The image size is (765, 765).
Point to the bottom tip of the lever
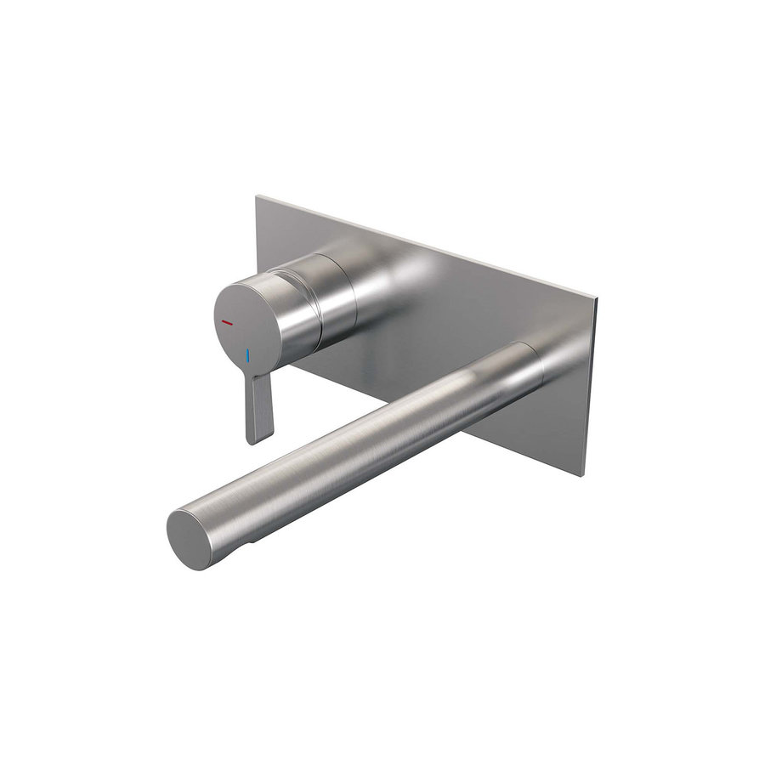click(x=258, y=439)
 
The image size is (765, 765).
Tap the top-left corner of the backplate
click(x=257, y=198)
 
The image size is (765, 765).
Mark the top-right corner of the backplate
click(x=597, y=299)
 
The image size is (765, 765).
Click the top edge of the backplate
click(x=425, y=247)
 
